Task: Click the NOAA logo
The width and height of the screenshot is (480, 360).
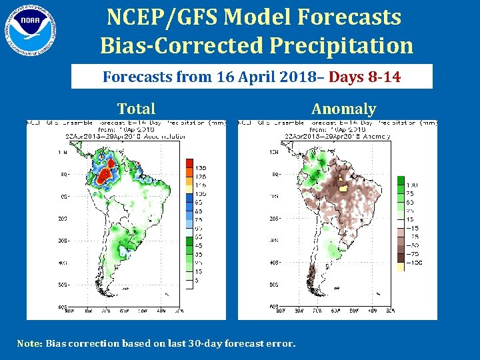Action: click(x=31, y=30)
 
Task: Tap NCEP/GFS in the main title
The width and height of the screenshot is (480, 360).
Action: click(x=160, y=16)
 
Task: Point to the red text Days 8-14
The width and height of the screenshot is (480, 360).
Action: click(x=365, y=77)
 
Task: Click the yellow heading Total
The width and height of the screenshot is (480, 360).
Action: click(x=136, y=109)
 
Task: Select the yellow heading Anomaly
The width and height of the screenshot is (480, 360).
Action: click(x=343, y=109)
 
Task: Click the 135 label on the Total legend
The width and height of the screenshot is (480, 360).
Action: click(x=201, y=167)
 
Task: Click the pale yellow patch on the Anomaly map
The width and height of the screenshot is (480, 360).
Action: click(x=344, y=189)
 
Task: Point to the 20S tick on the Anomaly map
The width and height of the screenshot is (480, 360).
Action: click(x=273, y=218)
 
